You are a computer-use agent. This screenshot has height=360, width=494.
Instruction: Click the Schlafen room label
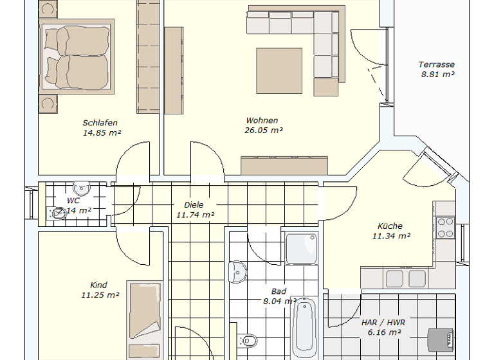(x=100, y=123)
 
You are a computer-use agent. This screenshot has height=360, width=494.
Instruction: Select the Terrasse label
(x=437, y=64)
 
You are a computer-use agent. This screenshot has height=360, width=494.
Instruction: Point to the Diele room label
(x=194, y=205)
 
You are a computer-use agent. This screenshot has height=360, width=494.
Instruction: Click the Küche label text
(x=390, y=226)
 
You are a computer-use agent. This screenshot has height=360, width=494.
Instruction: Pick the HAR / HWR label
(x=385, y=322)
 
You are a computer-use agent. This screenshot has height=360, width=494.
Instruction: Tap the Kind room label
(x=99, y=285)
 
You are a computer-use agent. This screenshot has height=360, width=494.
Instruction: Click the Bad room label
(x=279, y=291)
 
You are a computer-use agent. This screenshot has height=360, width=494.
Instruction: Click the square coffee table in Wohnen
(x=280, y=71)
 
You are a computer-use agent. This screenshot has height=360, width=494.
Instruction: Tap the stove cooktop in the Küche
(x=445, y=228)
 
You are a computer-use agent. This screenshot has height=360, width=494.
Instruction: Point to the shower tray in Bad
(x=301, y=249)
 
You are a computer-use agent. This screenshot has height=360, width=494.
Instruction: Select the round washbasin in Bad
(x=237, y=273)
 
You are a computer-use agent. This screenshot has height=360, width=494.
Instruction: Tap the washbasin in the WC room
(x=82, y=188)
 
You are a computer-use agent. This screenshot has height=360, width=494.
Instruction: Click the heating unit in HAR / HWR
(x=441, y=338)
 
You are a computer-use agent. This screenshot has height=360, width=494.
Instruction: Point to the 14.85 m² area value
(x=102, y=133)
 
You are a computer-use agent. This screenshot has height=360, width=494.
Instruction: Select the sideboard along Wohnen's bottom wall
(x=285, y=165)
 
